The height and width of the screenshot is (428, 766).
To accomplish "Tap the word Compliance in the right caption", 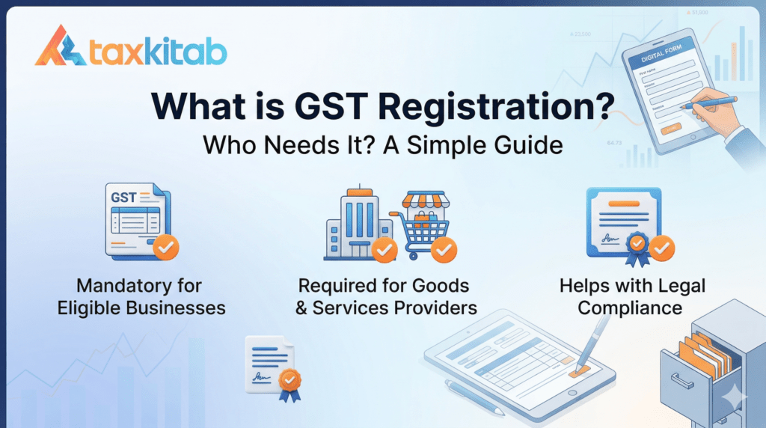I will tap(630, 308).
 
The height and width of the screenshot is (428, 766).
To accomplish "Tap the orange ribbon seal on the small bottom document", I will tap(289, 382).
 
